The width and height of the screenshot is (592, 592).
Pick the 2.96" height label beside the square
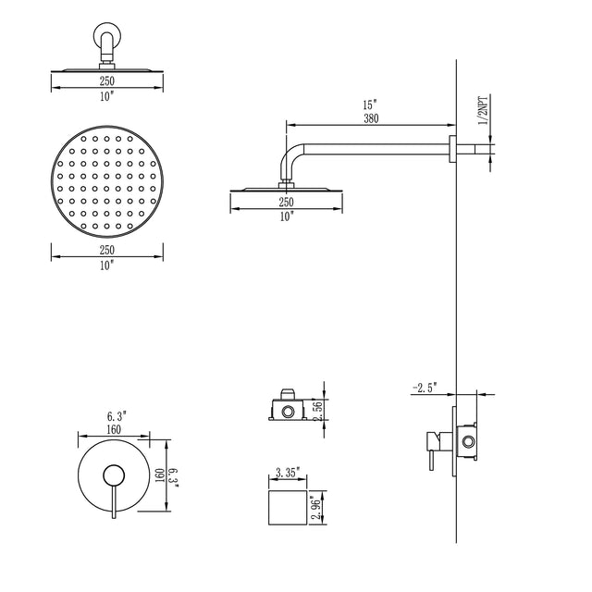point(316,508)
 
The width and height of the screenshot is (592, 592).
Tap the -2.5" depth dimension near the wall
point(425,387)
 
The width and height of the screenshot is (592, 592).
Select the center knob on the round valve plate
point(113,475)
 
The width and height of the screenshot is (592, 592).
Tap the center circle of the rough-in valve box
point(288,409)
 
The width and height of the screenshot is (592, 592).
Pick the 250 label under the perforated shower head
point(106,251)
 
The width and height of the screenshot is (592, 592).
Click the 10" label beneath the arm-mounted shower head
point(286,216)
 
